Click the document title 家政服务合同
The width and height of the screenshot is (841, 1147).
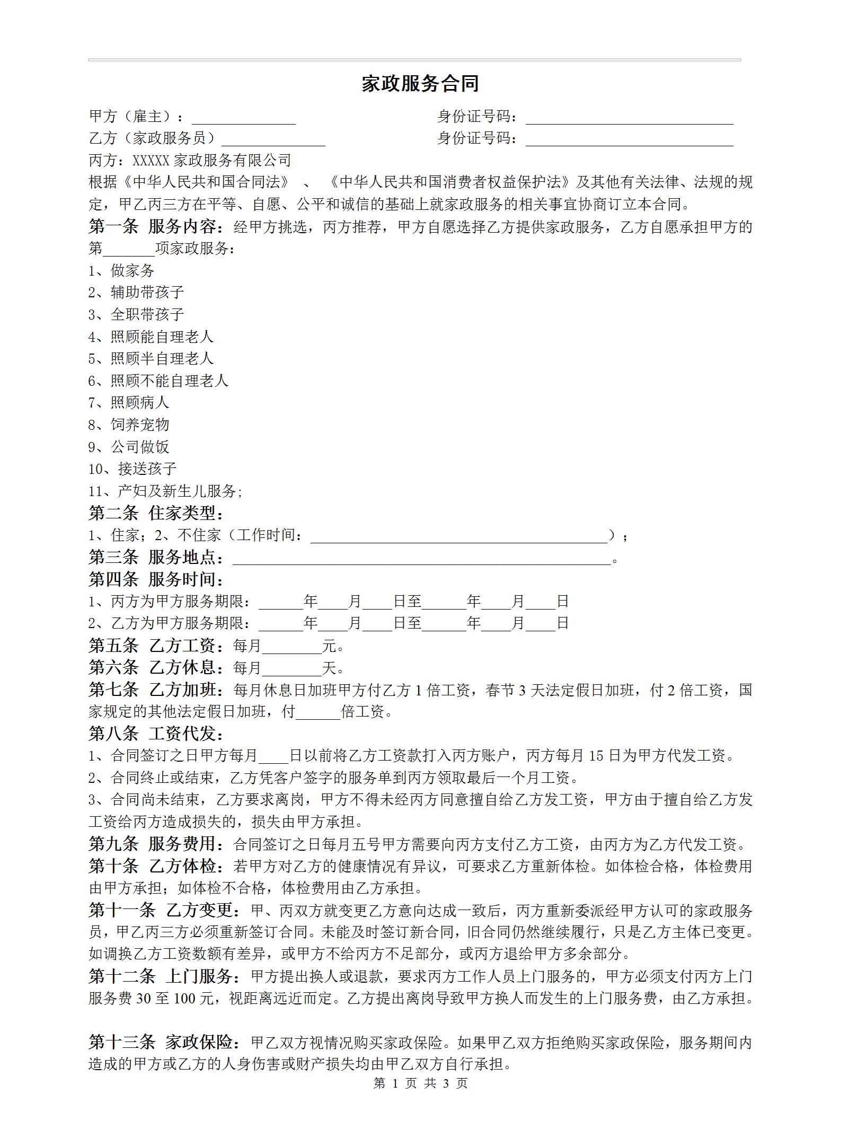[420, 84]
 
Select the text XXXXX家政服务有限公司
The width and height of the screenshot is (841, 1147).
[211, 160]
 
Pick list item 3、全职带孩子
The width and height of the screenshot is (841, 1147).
[136, 314]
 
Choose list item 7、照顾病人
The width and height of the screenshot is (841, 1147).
[129, 402]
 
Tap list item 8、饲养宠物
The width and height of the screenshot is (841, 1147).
[129, 425]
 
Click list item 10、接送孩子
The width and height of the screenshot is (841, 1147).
[132, 469]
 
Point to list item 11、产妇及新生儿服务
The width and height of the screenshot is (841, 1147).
[165, 491]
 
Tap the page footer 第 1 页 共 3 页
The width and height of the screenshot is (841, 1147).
[421, 1083]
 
